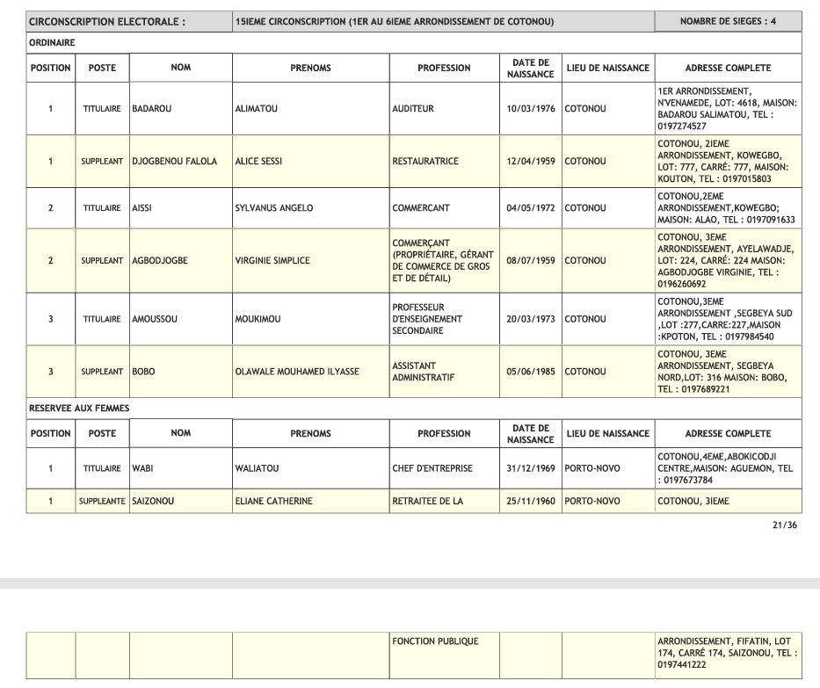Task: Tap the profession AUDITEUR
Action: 414,110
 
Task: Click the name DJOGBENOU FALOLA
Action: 174,162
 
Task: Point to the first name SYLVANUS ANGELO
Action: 274,208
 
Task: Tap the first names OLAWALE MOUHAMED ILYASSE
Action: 298,371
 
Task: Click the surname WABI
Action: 143,468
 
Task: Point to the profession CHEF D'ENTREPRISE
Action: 432,468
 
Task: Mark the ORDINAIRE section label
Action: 52,41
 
